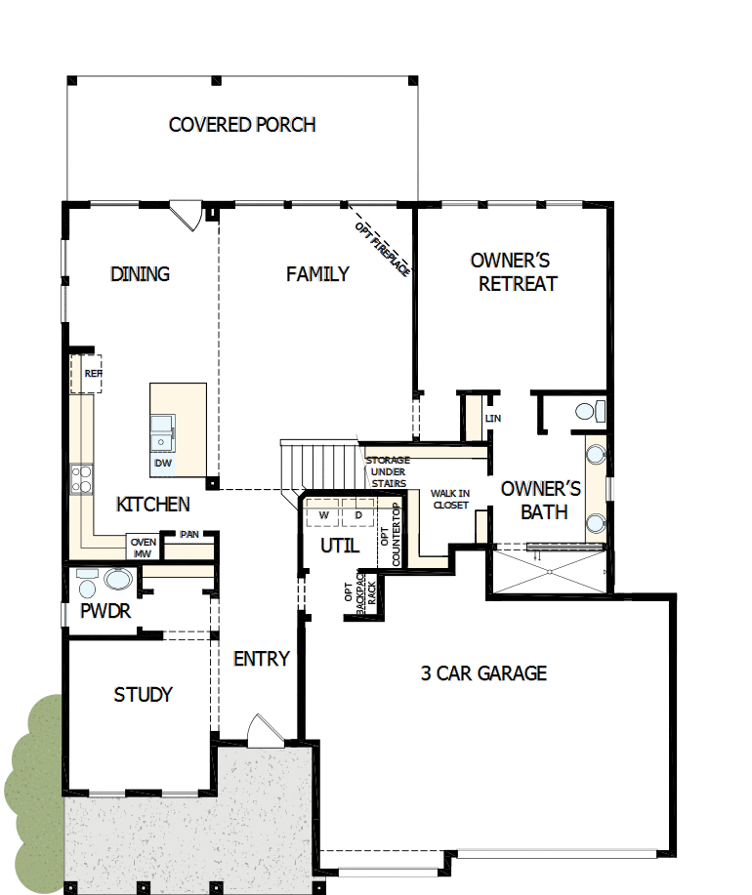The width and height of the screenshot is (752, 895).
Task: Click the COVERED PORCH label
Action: click(x=242, y=125)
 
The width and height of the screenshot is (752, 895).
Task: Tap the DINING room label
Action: click(x=140, y=274)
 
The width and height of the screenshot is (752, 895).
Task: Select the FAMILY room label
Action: click(x=317, y=274)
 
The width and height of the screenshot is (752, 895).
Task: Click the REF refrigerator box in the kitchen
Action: click(x=91, y=374)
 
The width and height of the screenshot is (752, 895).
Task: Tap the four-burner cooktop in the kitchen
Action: click(x=81, y=479)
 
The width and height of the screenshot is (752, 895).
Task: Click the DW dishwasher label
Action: click(x=163, y=463)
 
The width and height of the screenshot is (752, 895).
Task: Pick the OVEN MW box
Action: click(x=143, y=549)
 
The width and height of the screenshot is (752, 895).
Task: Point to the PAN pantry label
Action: click(x=188, y=534)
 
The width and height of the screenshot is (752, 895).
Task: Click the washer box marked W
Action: click(x=322, y=513)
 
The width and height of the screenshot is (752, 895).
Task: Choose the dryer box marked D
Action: click(x=357, y=513)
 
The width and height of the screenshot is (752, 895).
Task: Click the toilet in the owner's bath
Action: click(x=587, y=411)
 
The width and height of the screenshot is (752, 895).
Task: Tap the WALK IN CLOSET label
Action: click(x=449, y=499)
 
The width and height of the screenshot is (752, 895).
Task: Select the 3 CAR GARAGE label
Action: click(x=483, y=673)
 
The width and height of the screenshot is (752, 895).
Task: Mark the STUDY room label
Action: click(x=143, y=695)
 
